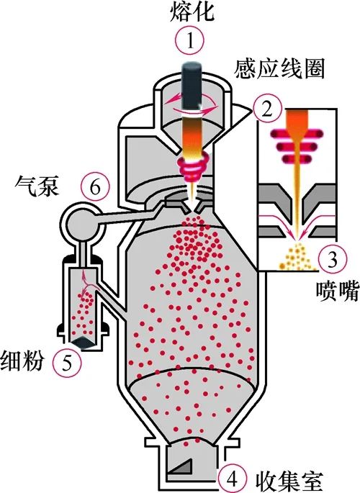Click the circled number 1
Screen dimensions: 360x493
tap(189, 41)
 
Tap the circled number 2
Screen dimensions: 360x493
tap(266, 109)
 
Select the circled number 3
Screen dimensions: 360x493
tap(333, 258)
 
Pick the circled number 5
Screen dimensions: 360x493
tap(67, 362)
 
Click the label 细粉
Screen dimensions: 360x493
tap(22, 361)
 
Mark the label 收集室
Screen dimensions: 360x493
tap(289, 480)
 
